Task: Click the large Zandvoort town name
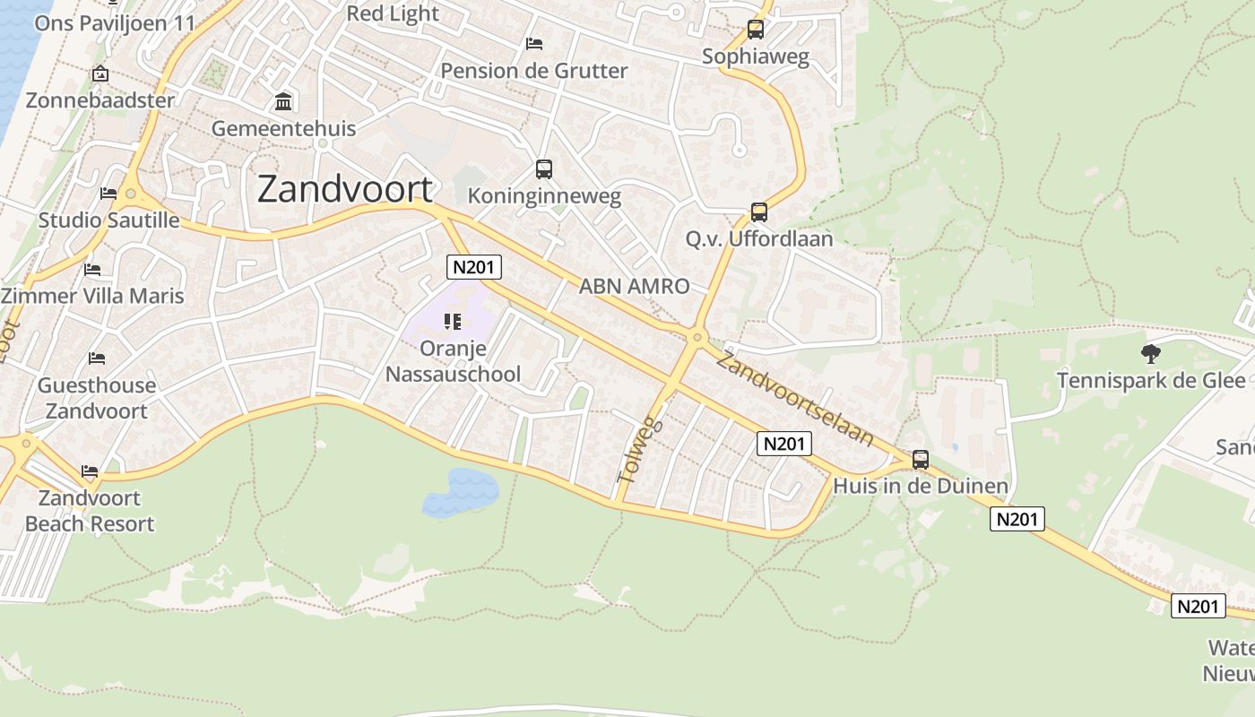point(345,189)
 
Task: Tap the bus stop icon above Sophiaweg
point(756,30)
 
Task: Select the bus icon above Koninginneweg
point(544,168)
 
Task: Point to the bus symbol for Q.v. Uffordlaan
point(759,212)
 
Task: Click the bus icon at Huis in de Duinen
point(921,460)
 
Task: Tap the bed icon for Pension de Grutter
point(534,43)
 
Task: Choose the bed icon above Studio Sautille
point(108,193)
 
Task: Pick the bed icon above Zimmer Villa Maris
point(92,269)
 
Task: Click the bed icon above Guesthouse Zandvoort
point(97,358)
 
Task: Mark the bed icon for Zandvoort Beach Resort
point(90,471)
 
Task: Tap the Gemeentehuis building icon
point(283,101)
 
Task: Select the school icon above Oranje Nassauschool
point(453,321)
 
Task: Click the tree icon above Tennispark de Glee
point(1150,354)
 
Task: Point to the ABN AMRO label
point(635,287)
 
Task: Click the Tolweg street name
point(640,450)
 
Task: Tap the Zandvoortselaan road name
point(794,399)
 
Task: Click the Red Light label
point(393,13)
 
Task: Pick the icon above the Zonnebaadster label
point(100,73)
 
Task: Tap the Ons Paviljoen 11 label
point(115,22)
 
